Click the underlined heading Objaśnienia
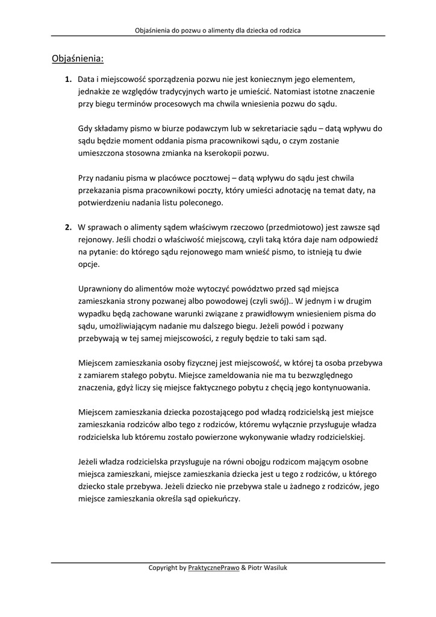(77, 59)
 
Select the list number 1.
(68, 79)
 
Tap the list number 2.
(68, 227)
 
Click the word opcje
(89, 264)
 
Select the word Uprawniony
(100, 289)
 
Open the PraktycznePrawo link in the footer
(213, 568)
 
